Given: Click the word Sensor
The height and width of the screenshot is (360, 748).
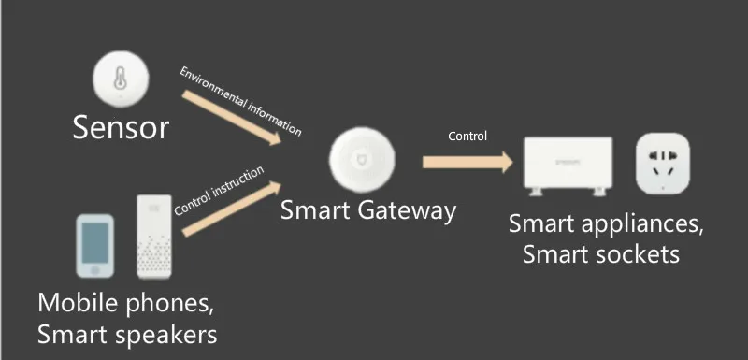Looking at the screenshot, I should [x=122, y=127].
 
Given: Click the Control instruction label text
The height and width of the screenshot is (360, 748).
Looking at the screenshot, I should [x=220, y=190].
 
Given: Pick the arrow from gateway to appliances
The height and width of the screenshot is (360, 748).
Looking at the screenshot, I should [x=467, y=162].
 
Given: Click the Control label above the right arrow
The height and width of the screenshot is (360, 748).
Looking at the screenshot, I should [x=467, y=137].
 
